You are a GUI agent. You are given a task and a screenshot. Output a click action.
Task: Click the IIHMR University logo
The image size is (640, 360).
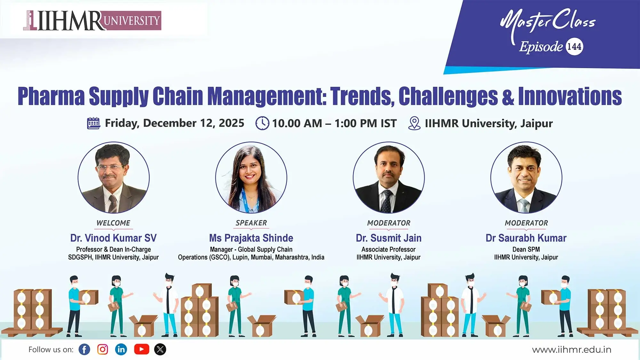click(x=92, y=20)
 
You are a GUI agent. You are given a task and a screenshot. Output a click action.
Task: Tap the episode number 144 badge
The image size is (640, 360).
click(x=574, y=47)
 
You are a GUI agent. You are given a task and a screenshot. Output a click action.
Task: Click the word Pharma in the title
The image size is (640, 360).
click(x=51, y=96)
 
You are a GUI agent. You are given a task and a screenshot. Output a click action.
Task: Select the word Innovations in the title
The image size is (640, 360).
click(x=570, y=96)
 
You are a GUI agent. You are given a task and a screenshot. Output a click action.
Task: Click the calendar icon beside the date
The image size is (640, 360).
click(x=93, y=123)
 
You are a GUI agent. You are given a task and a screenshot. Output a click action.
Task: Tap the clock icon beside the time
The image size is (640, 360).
click(x=262, y=123)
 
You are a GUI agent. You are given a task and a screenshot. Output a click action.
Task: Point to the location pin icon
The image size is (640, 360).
click(x=414, y=123)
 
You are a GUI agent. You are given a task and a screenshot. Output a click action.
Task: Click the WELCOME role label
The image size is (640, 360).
click(x=113, y=223)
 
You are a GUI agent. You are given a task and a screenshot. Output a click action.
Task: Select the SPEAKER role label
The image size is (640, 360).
click(x=251, y=223)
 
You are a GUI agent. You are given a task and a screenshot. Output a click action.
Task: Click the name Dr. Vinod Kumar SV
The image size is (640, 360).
click(x=113, y=238)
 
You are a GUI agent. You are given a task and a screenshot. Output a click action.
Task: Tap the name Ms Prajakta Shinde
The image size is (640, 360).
click(x=251, y=238)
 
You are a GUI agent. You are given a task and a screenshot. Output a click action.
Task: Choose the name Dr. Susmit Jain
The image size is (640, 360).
click(x=388, y=238)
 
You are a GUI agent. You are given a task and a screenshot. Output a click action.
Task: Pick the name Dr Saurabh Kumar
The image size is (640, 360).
click(x=526, y=238)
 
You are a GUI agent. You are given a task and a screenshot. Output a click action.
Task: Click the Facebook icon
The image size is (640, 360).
click(x=84, y=349)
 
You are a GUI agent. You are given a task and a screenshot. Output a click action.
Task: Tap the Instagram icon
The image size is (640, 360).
click(x=102, y=349)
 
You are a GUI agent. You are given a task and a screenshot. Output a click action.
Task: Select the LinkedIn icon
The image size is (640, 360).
click(x=121, y=349)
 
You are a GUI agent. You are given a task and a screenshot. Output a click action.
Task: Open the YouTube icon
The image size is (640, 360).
click(x=141, y=349)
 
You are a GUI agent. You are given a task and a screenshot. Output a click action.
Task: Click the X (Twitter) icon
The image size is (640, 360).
click(x=160, y=349)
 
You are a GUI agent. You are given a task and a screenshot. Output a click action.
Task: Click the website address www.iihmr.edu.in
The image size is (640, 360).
click(x=572, y=350)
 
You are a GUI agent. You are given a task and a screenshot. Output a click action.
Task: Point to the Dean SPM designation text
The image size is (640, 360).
click(x=526, y=249)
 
